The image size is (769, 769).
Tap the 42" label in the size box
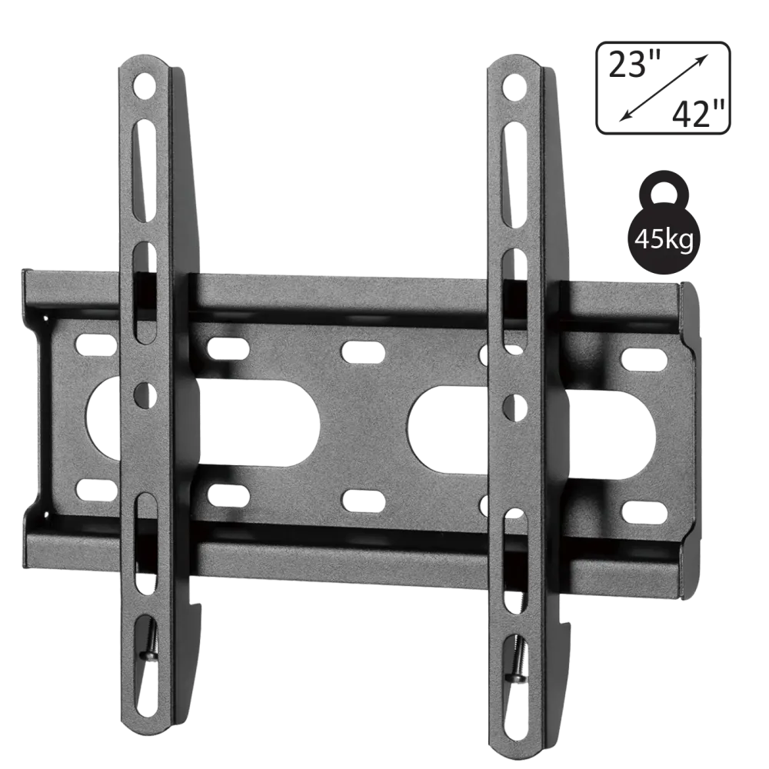[698, 115]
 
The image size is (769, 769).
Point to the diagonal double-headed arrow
[664, 88]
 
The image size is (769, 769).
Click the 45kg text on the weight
[664, 240]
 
